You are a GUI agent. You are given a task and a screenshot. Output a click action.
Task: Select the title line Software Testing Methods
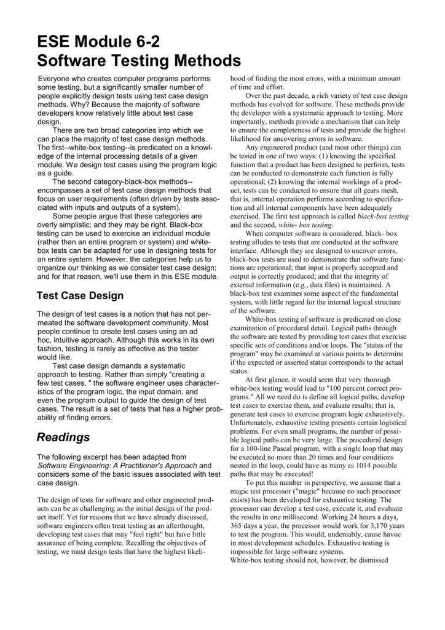(x=139, y=61)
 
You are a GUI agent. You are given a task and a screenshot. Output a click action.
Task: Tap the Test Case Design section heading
(x=81, y=296)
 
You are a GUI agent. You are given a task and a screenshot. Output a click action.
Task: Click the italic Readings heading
(x=63, y=437)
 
